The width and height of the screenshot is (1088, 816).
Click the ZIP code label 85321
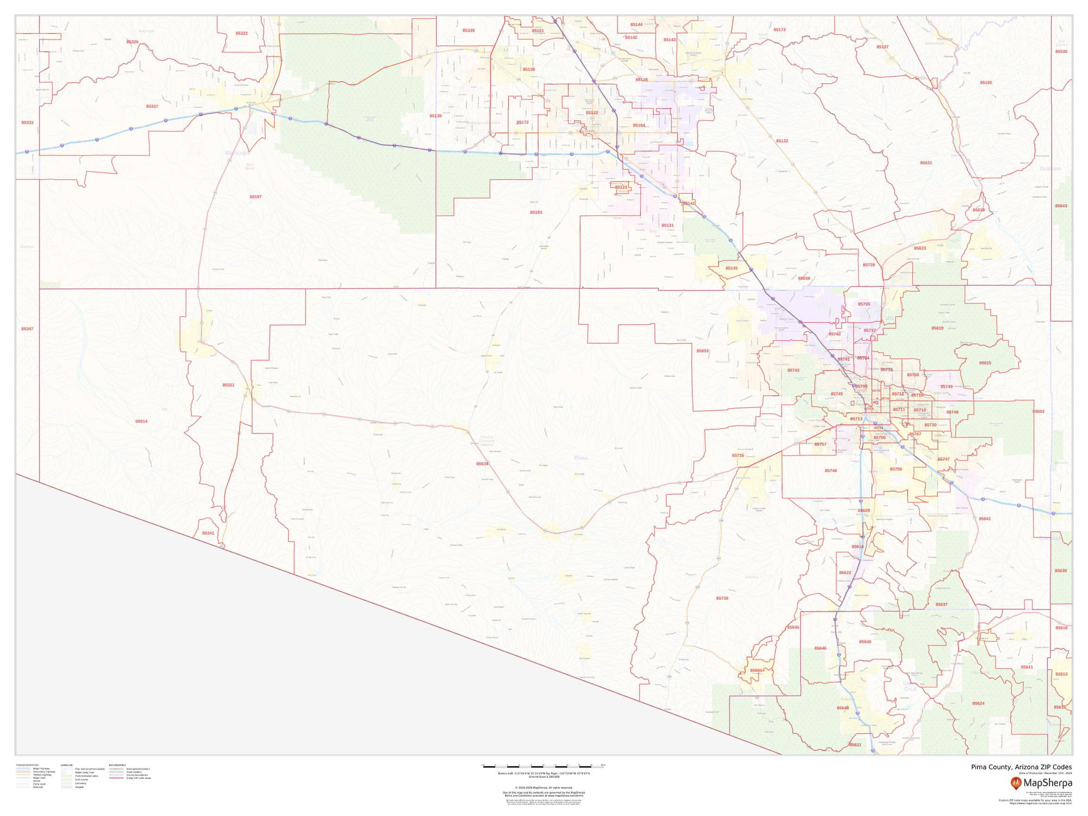coord(228,385)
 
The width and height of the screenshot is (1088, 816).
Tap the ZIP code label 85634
coord(482,464)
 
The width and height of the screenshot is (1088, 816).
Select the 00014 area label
coord(141,422)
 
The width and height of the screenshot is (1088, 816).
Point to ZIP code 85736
coord(722,598)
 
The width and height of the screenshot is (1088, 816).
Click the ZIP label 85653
coord(702,351)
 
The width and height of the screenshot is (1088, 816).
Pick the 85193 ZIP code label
coord(535,212)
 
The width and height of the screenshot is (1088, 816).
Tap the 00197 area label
coord(255,197)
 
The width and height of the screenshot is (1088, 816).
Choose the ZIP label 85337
coord(152,106)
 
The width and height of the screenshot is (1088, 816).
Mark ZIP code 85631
coord(926,163)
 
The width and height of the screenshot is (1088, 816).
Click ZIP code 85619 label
coord(937,328)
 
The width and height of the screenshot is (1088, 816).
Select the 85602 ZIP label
coord(1038,411)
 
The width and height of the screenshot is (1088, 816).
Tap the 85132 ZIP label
coord(782,141)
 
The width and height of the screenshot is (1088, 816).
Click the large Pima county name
coord(580,458)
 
